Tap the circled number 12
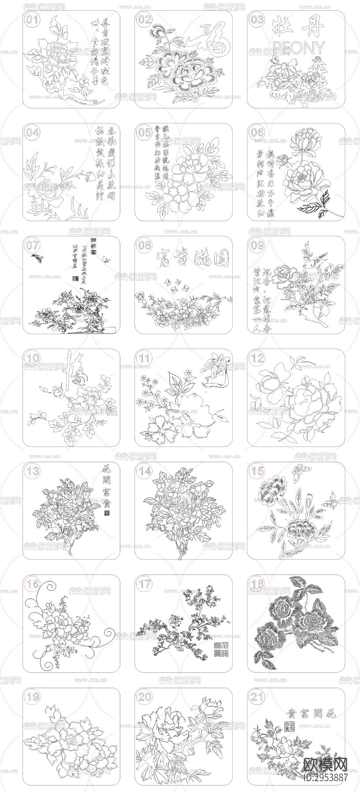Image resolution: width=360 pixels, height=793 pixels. tap(257, 358)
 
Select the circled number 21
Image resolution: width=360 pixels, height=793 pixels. tap(257, 697)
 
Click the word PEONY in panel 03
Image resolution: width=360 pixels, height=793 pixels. tap(299, 48)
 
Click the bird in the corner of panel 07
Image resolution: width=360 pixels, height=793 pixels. tap(35, 258)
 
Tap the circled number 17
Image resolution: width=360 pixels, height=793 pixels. tap(145, 584)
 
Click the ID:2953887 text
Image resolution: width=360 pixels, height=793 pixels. tap(325, 778)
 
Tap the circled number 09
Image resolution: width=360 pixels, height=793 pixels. tap(257, 245)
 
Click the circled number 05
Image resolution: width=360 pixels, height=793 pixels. tap(145, 133)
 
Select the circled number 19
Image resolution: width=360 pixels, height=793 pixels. tap(33, 697)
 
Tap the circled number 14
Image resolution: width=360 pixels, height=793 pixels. tap(145, 471)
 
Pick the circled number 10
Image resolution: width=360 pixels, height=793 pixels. tap(33, 358)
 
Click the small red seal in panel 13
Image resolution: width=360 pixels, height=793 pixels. tap(106, 513)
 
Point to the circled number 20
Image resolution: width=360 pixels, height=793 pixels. tap(145, 697)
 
